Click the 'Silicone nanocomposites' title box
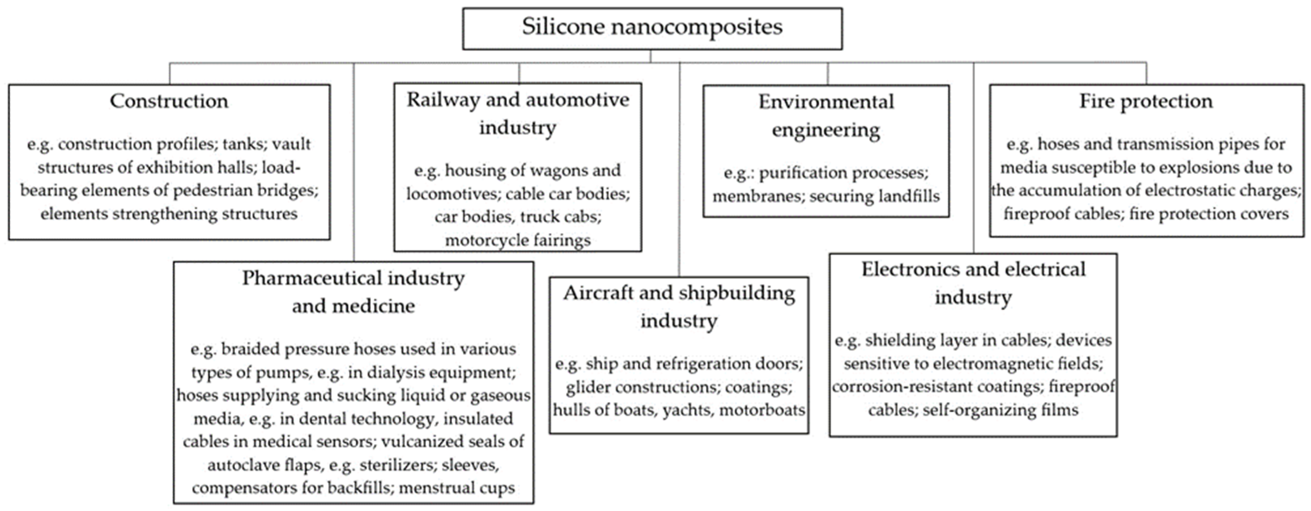click(652, 28)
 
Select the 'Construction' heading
click(169, 101)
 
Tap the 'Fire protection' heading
click(1146, 101)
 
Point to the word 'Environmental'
click(826, 102)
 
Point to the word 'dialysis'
click(396, 372)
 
